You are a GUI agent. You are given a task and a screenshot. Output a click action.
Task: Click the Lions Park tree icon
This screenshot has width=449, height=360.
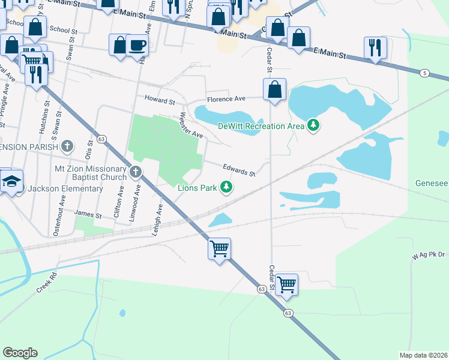pyautogui.click(x=226, y=188)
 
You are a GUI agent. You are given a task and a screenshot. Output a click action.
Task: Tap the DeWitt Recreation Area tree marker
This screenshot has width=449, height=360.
pyautogui.click(x=312, y=125)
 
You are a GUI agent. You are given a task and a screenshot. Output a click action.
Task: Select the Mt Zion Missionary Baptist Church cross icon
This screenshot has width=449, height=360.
pyautogui.click(x=136, y=173)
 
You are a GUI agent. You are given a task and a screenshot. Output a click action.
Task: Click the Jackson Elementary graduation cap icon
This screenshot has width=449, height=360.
pyautogui.click(x=11, y=181)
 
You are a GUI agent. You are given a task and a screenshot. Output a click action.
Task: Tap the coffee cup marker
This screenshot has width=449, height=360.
pyautogui.click(x=137, y=45)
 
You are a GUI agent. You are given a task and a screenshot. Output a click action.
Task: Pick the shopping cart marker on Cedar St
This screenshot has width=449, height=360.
pyautogui.click(x=286, y=284)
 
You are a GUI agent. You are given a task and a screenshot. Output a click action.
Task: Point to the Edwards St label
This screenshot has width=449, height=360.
pyautogui.click(x=240, y=170)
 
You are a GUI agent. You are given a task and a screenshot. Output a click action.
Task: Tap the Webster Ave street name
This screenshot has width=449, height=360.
pyautogui.click(x=191, y=125)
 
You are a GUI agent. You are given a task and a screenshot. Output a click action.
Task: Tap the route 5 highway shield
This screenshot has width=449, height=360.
pyautogui.click(x=425, y=73)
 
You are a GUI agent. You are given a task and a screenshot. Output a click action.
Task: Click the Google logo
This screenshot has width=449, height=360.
pyautogui.click(x=20, y=352)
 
